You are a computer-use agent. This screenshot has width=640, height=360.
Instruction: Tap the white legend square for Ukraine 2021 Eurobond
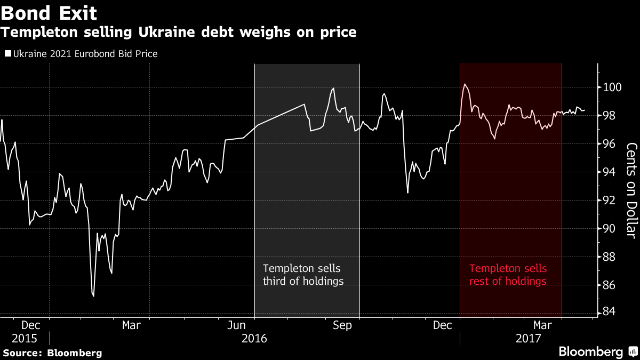pyautogui.click(x=7, y=54)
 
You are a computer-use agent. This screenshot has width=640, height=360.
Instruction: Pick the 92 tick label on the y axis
pyautogui.click(x=609, y=201)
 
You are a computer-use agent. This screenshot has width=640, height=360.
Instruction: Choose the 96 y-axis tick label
pyautogui.click(x=609, y=144)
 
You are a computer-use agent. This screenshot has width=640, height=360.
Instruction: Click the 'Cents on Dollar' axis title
pyautogui.click(x=631, y=191)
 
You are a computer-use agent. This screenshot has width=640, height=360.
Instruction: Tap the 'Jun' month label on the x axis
pyautogui.click(x=236, y=325)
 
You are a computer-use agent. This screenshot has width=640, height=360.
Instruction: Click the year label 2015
pyautogui.click(x=25, y=339)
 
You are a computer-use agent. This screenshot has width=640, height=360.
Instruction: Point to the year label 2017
pyautogui.click(x=529, y=339)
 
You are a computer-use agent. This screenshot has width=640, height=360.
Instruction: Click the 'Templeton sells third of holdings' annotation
pyautogui.click(x=303, y=275)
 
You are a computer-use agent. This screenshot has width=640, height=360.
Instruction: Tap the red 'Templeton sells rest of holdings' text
pyautogui.click(x=508, y=275)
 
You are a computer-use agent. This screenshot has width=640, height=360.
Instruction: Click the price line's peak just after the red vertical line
pyautogui.click(x=465, y=84)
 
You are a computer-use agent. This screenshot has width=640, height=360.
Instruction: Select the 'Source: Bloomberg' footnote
pyautogui.click(x=52, y=353)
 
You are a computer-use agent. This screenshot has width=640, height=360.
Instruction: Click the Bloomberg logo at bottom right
pyautogui.click(x=597, y=351)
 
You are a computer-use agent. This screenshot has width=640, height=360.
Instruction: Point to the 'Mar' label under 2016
pyautogui.click(x=131, y=325)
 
